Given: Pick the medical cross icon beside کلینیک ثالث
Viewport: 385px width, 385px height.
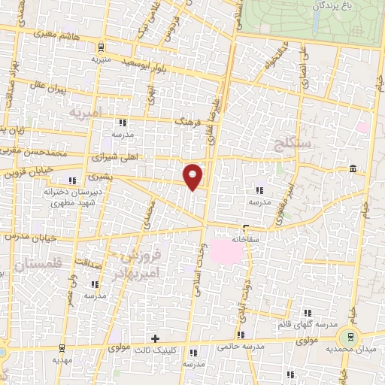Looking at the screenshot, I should (156, 338).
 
